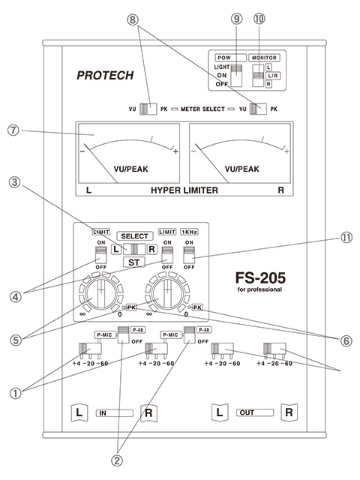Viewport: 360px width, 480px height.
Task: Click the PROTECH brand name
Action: tap(105, 75)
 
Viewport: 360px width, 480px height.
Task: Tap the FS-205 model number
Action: tap(260, 278)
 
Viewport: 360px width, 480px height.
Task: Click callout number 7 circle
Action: tap(13, 130)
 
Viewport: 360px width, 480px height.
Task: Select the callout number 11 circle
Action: tap(346, 238)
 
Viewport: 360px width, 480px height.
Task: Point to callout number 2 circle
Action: tap(117, 460)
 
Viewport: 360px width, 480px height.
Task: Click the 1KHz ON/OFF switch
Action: tap(189, 255)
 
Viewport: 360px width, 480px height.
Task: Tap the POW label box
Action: tap(230, 58)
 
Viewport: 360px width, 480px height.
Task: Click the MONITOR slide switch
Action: tap(258, 76)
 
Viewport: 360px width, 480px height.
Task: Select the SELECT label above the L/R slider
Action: tap(134, 236)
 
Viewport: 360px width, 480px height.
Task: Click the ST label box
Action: tap(133, 262)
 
